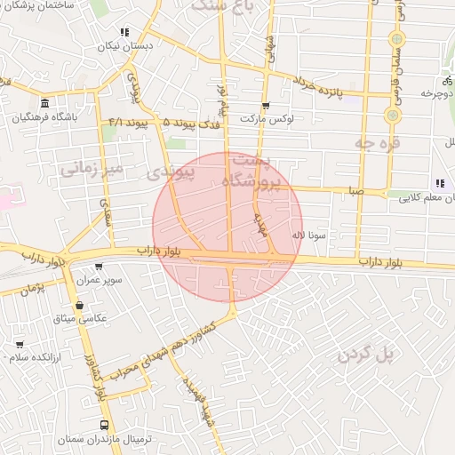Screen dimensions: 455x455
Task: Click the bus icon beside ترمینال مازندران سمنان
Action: (x=105, y=426)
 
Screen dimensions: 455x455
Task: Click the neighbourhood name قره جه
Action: (x=378, y=141)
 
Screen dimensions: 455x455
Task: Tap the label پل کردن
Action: (x=364, y=355)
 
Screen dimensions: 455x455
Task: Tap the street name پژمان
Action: (x=33, y=289)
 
